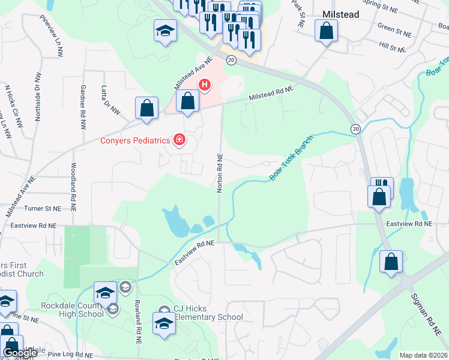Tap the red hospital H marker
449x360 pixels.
[x=205, y=85]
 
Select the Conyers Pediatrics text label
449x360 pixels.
[x=136, y=141]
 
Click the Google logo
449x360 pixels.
[x=20, y=353]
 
